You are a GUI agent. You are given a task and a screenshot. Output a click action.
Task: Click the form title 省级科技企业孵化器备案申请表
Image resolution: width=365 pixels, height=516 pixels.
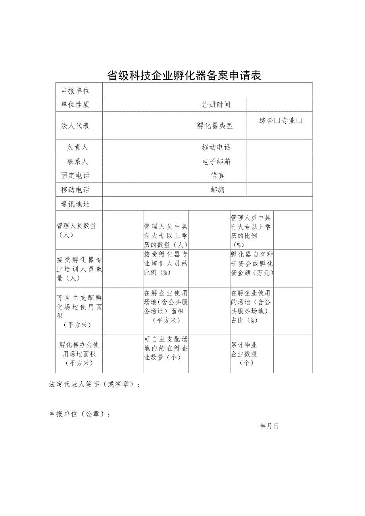184,75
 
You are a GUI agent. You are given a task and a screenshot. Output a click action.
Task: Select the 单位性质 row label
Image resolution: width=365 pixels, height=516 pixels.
75,105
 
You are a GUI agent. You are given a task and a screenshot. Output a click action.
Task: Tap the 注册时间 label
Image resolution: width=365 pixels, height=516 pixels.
216,105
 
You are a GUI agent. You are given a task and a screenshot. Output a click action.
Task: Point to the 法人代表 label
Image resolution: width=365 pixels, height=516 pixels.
75,126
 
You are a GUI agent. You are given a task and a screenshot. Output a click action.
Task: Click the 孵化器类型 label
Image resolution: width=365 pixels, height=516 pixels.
215,126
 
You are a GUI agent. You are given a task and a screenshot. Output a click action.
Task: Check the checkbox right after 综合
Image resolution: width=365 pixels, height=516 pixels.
277,121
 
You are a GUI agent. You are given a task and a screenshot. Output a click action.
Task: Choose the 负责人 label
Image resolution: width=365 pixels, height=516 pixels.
77,148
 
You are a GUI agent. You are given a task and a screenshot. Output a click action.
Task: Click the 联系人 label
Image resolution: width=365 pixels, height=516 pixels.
77,161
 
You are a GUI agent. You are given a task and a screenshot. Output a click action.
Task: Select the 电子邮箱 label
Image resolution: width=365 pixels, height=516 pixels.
216,161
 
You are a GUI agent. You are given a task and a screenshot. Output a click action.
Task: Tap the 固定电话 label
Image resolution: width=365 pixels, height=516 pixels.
75,176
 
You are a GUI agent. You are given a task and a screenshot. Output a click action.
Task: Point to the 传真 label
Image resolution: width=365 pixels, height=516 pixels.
217,176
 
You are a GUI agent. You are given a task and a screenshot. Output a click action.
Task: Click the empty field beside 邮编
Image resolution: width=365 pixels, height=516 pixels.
279,190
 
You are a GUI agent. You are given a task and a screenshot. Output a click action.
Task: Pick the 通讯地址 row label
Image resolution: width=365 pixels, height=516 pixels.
75,204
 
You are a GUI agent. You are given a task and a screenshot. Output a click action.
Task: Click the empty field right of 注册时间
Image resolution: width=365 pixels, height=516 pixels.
279,105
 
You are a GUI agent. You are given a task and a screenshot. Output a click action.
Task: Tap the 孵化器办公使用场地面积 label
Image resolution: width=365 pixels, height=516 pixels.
79,354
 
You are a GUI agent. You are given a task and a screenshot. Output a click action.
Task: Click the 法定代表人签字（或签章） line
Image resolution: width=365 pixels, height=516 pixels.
94,385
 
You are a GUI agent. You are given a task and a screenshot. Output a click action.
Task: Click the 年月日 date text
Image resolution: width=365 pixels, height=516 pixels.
270,426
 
